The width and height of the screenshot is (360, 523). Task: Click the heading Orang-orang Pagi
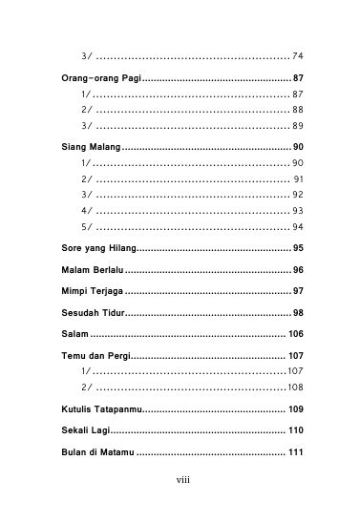coord(95,77)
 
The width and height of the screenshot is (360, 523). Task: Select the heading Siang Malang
coord(85,147)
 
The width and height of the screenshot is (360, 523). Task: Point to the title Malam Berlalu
coord(87,270)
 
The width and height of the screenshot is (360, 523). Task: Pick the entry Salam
coord(68,334)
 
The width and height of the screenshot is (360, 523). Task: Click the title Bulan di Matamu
coord(92,452)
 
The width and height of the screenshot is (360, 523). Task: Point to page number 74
coord(298,55)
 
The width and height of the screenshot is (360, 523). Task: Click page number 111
coord(295,452)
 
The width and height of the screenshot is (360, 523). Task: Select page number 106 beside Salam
coord(295,334)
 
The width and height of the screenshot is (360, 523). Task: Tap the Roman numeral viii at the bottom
coord(182,506)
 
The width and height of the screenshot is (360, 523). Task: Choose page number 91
coord(298,179)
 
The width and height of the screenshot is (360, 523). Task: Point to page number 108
coord(295,387)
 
